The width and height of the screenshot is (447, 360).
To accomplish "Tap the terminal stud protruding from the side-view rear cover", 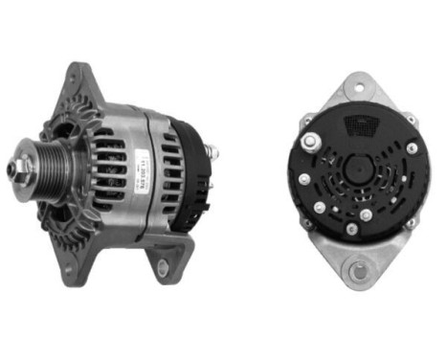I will (212, 151).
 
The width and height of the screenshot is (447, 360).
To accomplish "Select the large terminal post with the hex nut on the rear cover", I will (309, 143).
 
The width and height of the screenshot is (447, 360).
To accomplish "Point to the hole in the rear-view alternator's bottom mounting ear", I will (357, 273).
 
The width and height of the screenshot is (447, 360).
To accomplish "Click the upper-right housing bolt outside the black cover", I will (411, 121).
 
